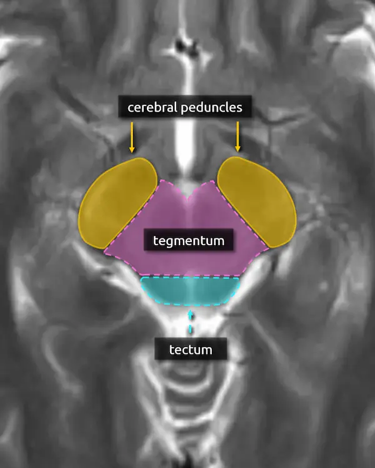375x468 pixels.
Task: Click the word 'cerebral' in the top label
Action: coord(151,107)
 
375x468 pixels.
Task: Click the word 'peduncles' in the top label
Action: coord(210,107)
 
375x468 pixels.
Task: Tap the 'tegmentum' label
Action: coord(188,239)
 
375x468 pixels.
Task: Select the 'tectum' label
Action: coord(191,349)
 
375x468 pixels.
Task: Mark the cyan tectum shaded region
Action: coord(190,290)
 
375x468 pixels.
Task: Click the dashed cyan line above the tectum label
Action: coord(191,321)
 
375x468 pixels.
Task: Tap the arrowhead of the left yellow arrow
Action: coord(132,150)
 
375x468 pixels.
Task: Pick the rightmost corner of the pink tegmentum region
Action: coord(269,248)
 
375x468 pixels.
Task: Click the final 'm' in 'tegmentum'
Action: coord(219,240)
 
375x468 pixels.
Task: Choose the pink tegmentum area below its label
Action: coord(187,262)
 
